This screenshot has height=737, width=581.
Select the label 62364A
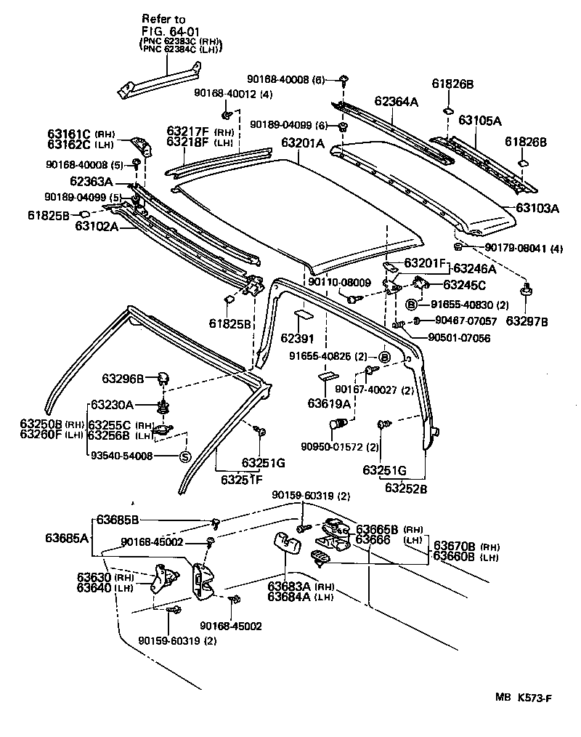pos(397,102)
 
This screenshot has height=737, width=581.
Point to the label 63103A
pos(537,208)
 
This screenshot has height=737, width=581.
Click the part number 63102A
pos(96,226)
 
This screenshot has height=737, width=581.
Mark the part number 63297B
pos(527,321)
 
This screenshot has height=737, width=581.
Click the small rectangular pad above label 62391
pos(303,317)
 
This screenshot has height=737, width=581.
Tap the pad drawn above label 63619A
pos(328,377)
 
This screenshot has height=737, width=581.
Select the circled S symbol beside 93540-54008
pos(184,456)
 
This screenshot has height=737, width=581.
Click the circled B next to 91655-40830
pos(412,305)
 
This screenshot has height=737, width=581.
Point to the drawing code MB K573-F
pos(523,698)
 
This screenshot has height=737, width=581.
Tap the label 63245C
pos(465,284)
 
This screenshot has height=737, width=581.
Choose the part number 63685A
pos(67,538)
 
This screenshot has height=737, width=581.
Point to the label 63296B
pos(124,378)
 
